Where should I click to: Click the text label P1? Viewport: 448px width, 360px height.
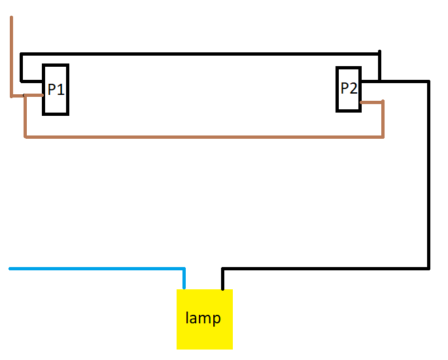click(x=56, y=90)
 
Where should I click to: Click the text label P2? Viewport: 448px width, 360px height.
click(x=349, y=88)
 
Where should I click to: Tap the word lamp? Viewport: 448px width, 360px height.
click(x=203, y=319)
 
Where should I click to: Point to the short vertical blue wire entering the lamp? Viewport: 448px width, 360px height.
click(x=184, y=279)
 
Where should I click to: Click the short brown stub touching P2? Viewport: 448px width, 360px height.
click(x=371, y=102)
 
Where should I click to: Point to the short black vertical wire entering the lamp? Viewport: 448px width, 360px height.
click(x=222, y=279)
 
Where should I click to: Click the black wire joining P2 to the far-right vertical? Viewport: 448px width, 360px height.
click(x=402, y=82)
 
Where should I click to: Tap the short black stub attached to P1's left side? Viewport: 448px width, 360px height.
click(x=31, y=81)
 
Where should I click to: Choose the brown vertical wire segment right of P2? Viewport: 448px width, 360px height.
click(x=383, y=119)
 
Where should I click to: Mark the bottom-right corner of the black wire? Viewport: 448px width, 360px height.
click(x=428, y=268)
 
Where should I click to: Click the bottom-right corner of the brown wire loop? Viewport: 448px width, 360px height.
click(x=383, y=137)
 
